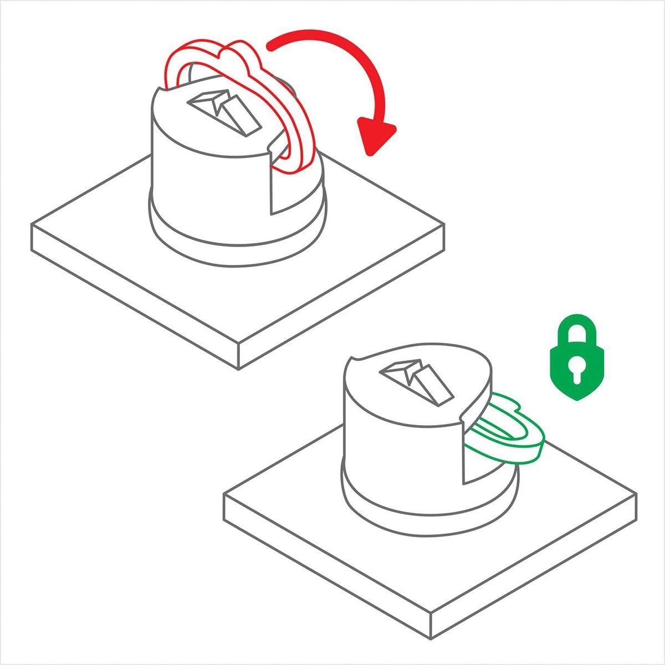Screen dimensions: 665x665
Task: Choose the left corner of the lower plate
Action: click(224, 495)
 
